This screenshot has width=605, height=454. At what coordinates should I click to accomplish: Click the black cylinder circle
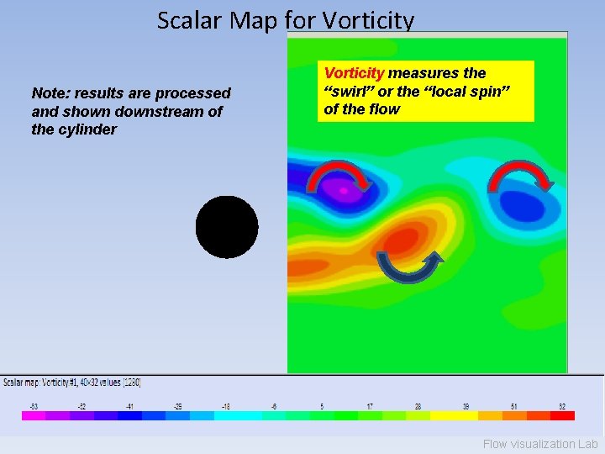[227, 227]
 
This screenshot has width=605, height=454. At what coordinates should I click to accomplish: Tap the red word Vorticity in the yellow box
[354, 73]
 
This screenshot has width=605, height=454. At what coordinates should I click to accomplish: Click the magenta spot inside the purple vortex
[344, 191]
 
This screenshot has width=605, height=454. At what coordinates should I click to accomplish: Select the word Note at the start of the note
[48, 93]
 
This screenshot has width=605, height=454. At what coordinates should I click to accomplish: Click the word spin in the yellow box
[490, 91]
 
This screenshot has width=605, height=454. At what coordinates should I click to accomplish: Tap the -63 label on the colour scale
[33, 406]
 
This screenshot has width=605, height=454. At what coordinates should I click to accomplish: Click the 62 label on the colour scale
[562, 406]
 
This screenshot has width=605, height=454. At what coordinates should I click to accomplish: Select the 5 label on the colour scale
[322, 406]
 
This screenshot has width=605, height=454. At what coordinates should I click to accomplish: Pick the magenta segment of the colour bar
[33, 415]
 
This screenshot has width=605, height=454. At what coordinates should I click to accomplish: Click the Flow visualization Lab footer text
[540, 444]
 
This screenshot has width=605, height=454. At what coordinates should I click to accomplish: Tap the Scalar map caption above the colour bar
[72, 383]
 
